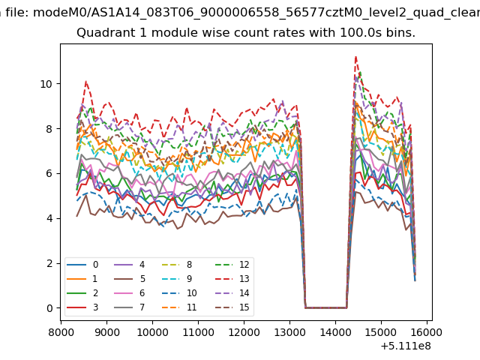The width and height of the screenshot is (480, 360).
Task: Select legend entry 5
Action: click(142, 279)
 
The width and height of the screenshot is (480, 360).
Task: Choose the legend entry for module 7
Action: click(142, 307)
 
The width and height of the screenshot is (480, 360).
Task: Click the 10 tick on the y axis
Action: click(49, 83)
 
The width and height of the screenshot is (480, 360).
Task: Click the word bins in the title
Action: click(399, 33)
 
